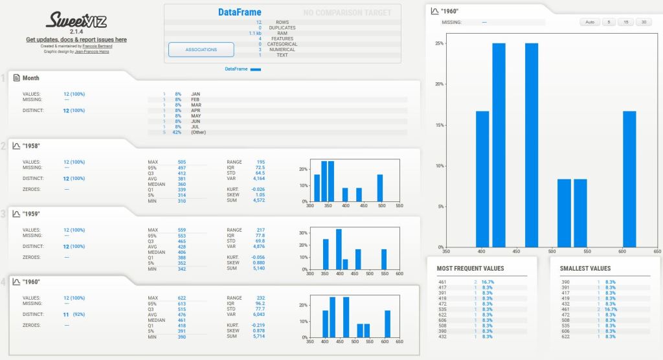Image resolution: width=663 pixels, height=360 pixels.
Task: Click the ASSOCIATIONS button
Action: coord(201,49)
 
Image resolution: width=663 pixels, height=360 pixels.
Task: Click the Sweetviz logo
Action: coord(76,20)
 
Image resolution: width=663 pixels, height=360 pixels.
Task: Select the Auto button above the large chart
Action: coord(589,22)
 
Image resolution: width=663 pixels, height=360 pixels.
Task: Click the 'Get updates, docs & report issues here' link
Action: coord(76,39)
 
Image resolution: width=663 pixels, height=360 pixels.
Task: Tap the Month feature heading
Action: coord(30,78)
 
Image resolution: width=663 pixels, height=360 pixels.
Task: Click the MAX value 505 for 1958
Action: coord(181,162)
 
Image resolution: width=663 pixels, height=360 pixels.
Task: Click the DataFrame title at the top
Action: coord(240,12)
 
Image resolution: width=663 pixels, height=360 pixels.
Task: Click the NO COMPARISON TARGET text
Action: coord(347,12)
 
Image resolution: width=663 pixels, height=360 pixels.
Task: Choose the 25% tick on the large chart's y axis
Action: coord(439,43)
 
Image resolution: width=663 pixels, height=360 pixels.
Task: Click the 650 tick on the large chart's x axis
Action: coord(657,251)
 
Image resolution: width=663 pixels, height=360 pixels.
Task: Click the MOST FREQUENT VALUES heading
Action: coord(470,268)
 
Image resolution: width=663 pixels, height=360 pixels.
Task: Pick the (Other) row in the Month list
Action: coord(199,132)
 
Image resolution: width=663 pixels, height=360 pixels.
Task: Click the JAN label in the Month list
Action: coord(196,94)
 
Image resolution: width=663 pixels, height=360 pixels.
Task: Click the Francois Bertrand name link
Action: coord(96,46)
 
